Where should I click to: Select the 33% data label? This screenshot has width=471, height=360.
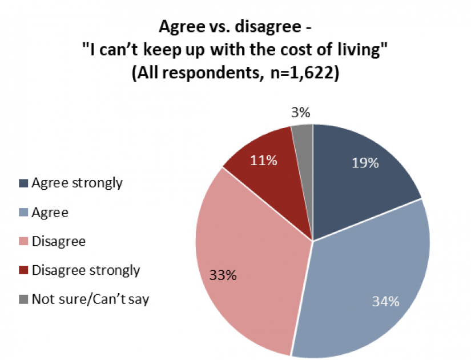[222, 275]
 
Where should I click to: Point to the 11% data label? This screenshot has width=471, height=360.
[264, 161]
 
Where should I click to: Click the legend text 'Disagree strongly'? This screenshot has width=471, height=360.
[86, 270]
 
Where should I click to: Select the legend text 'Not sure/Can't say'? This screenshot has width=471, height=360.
[90, 299]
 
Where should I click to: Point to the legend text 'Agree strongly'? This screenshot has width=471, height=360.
[77, 183]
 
